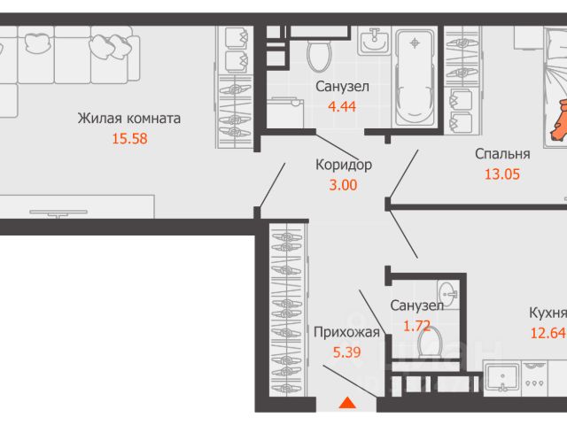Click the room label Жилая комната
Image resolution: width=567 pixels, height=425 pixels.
click(129, 118)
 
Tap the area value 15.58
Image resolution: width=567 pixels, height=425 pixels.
click(130, 139)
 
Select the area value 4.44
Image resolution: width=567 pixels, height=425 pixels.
click(342, 106)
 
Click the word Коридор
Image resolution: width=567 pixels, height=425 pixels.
click(344, 166)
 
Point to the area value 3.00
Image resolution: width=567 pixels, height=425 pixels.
click(343, 185)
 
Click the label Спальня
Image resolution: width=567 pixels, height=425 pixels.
click(502, 154)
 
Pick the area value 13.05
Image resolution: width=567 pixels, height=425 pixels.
click(502, 174)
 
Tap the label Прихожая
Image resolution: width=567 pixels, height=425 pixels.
click(346, 333)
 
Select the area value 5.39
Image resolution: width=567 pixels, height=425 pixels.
click(346, 352)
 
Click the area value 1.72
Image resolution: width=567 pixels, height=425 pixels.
click(416, 326)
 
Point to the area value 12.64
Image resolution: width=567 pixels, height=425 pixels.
click(548, 333)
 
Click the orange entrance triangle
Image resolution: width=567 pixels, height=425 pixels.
click(347, 403)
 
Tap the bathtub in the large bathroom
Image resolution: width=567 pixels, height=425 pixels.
click(415, 78)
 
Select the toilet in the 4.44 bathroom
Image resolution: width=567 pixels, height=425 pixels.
click(319, 55)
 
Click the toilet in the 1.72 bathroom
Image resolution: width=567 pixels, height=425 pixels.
click(430, 343)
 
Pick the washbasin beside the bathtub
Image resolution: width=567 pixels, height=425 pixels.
click(374, 42)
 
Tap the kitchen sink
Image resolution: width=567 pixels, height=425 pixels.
click(502, 378)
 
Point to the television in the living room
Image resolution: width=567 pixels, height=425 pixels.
click(58, 212)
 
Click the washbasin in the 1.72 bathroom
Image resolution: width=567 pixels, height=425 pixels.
click(448, 294)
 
